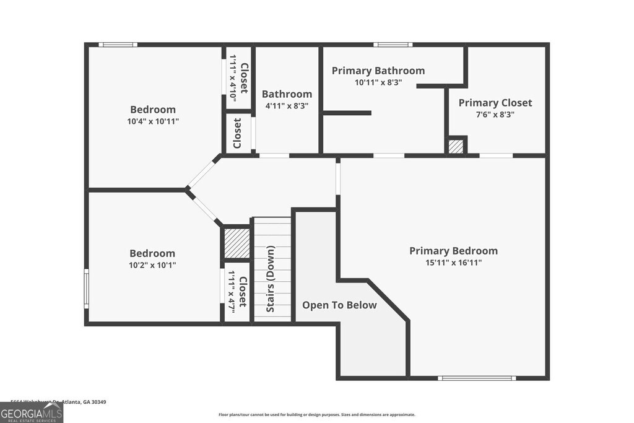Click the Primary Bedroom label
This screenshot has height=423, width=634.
click(x=453, y=251)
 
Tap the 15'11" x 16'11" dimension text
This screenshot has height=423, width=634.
click(x=453, y=263)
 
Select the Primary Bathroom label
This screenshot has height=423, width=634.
click(x=378, y=71)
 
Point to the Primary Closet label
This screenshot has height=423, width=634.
click(x=495, y=103)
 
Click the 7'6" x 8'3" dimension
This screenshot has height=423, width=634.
click(x=495, y=115)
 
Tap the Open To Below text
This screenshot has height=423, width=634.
click(x=339, y=305)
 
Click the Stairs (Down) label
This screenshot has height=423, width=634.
click(x=271, y=279)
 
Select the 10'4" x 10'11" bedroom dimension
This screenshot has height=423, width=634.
click(x=153, y=121)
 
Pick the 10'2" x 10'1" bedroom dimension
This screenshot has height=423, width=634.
click(x=152, y=265)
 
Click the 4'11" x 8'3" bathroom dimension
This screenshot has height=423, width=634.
click(x=287, y=106)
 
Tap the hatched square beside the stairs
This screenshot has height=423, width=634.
click(x=237, y=243)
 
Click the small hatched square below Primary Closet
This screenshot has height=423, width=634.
click(x=456, y=147)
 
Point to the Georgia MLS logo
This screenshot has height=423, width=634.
click(x=32, y=413)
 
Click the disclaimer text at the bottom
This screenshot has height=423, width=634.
click(x=316, y=415)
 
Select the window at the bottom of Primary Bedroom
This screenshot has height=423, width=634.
click(x=468, y=378)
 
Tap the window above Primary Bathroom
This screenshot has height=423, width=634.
click(x=393, y=45)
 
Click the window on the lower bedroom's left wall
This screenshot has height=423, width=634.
click(x=87, y=288)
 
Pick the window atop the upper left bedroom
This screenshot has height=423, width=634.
click(x=118, y=45)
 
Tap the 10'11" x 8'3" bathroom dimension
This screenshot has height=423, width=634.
click(x=378, y=82)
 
